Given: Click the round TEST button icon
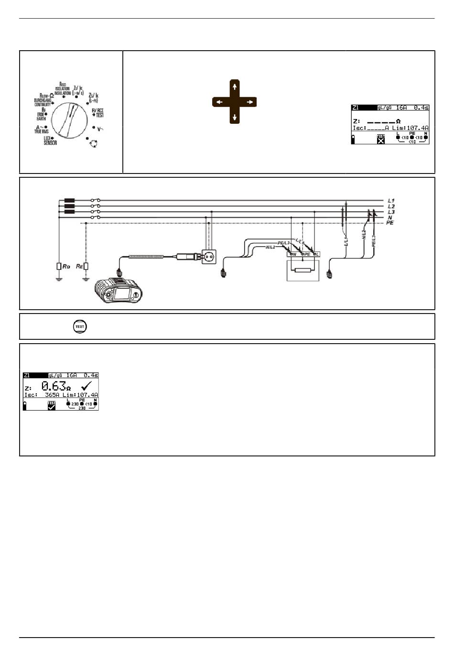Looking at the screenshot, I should click(80, 327).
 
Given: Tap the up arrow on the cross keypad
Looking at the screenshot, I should click(234, 87).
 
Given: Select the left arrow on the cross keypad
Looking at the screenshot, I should click(219, 102).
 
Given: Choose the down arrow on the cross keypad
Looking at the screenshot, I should click(234, 118).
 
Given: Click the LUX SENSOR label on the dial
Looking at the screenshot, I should click(50, 140).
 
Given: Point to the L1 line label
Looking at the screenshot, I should click(391, 201).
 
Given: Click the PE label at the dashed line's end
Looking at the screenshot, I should click(390, 223).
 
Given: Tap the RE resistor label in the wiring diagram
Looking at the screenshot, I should click(79, 266).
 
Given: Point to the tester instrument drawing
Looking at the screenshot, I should click(119, 291).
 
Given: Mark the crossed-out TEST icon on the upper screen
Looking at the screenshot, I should click(381, 140).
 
